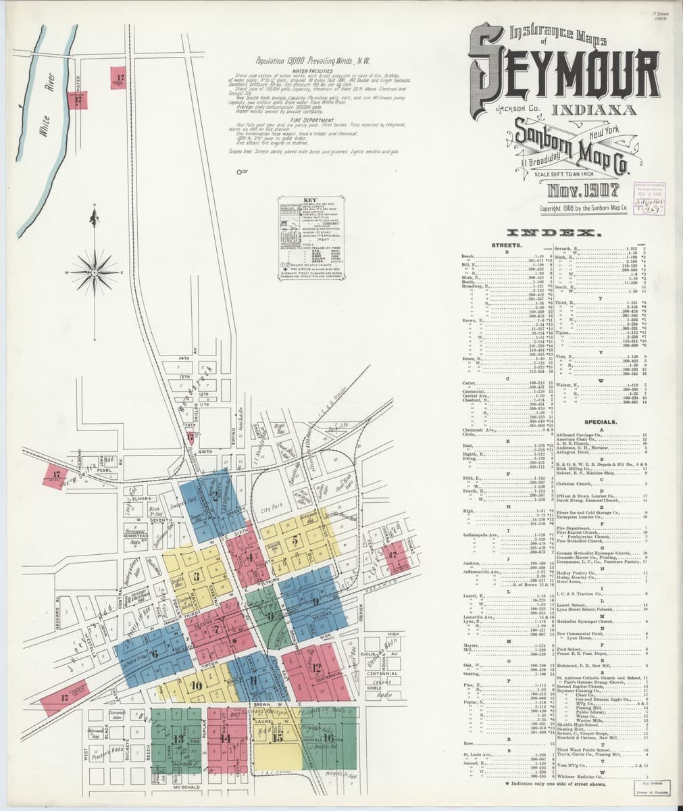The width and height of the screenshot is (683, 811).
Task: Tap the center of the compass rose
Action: click(95, 272)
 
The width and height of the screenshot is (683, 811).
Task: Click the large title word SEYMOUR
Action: click(564, 80)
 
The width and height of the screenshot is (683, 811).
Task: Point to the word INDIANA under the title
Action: click(592, 109)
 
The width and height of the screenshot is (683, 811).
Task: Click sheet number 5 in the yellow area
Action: click(295, 542)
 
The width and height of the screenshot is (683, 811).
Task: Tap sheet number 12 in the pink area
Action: click(317, 668)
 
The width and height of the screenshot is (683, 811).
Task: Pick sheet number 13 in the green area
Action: click(178, 739)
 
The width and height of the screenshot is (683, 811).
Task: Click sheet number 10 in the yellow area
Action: click(197, 684)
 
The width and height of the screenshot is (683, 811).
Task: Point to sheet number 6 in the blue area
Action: click(155, 653)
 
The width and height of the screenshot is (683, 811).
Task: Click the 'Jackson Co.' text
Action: click(513, 109)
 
